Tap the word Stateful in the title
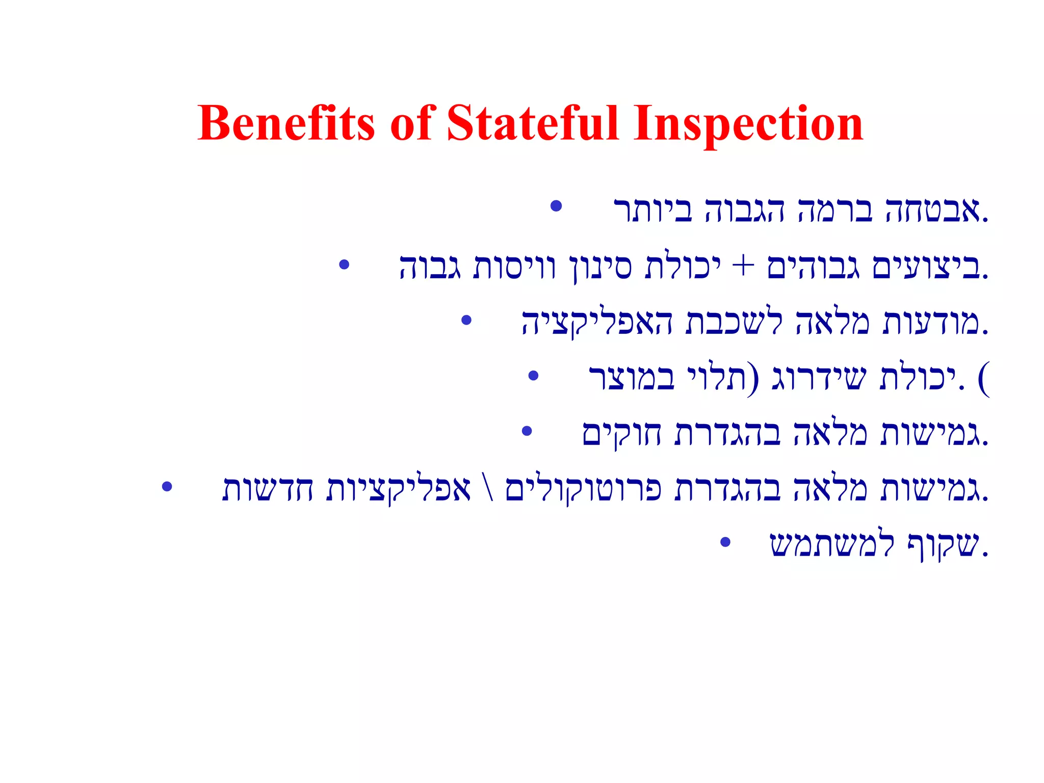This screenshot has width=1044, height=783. coord(532,123)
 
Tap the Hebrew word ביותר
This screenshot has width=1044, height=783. coord(653,210)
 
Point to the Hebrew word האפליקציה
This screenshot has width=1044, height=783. coord(597,323)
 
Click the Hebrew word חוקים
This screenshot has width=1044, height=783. coord(621,434)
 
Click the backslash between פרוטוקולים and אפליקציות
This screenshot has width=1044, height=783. coord(488,488)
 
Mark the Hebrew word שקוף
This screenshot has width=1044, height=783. coord(943,545)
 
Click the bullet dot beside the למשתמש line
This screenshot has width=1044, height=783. coord(725,542)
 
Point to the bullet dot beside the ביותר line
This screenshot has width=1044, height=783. coord(556,206)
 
